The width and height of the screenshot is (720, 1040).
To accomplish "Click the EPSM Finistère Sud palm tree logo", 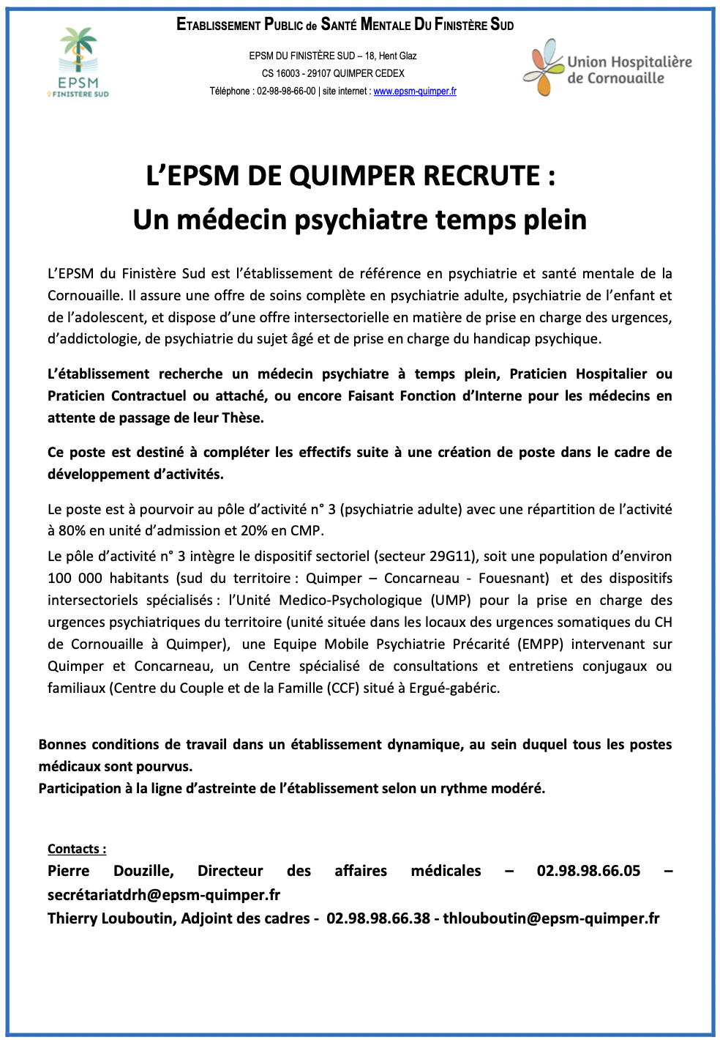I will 78,62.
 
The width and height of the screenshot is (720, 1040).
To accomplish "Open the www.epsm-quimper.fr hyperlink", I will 415,92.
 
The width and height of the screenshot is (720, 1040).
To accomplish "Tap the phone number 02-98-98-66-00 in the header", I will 286,92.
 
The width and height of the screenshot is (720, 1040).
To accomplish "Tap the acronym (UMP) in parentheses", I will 451,601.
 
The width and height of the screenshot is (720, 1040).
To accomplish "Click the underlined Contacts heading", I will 77,850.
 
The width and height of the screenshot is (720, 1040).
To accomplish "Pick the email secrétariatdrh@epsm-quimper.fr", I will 164,895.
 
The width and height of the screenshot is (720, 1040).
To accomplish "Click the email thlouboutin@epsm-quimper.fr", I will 551,918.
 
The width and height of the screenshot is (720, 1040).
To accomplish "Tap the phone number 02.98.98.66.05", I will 588,871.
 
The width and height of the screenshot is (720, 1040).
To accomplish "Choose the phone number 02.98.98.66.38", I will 378,918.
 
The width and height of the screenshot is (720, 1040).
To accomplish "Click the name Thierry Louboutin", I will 110,918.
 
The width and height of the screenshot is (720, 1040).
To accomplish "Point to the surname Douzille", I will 143,871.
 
